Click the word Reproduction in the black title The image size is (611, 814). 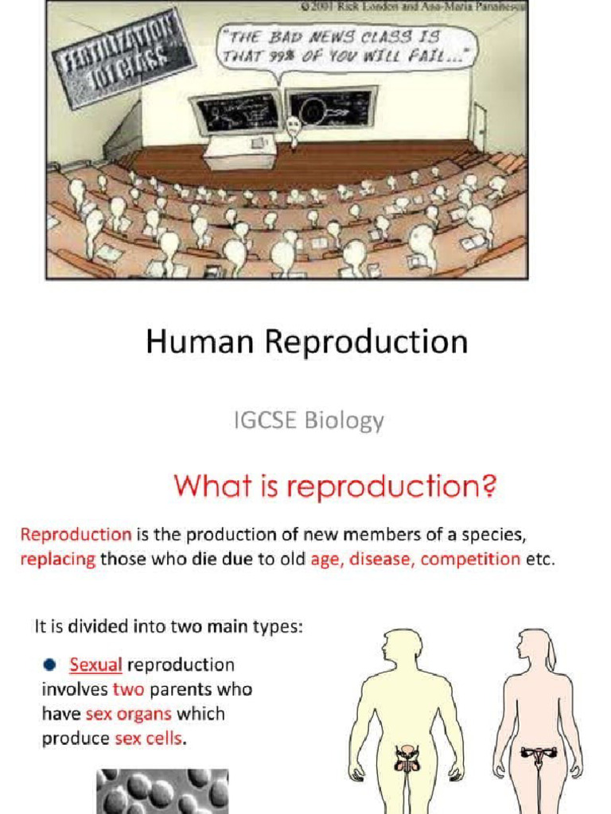(365, 343)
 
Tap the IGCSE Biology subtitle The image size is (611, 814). (309, 420)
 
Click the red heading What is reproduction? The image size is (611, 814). (335, 485)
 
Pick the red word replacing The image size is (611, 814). (57, 559)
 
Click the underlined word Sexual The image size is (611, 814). (95, 665)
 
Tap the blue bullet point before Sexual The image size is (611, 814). (49, 665)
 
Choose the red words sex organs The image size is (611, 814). (128, 714)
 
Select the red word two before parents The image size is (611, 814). (127, 689)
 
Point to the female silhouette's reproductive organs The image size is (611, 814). (538, 754)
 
